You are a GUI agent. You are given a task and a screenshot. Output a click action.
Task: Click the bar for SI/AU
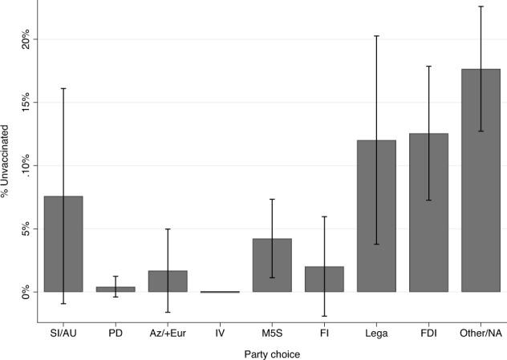click(63, 244)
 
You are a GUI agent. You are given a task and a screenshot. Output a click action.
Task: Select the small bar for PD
click(116, 289)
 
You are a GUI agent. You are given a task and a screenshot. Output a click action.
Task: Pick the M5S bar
click(272, 265)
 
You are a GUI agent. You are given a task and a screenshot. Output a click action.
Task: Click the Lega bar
click(376, 216)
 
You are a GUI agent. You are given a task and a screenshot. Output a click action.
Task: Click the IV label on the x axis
click(220, 329)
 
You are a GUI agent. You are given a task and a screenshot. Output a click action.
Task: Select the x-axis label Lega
click(376, 329)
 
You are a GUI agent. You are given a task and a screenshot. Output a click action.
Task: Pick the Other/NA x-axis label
click(481, 329)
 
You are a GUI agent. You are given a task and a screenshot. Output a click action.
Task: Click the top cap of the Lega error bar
click(376, 36)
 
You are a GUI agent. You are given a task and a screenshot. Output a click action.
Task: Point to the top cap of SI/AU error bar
click(63, 88)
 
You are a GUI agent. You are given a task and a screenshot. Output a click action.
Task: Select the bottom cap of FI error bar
click(324, 316)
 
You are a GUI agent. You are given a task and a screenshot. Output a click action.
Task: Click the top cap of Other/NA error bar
click(481, 6)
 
